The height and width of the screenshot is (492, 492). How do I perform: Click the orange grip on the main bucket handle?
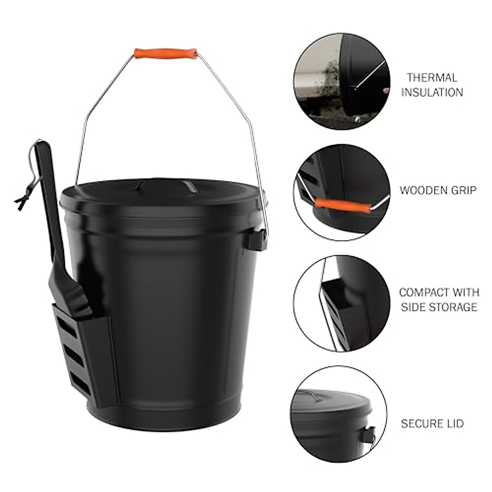pos(166,54)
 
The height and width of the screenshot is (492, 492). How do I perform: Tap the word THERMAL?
pos(432,77)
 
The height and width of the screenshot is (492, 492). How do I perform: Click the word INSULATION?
pos(432,92)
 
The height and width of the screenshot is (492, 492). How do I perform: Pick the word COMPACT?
pos(424,292)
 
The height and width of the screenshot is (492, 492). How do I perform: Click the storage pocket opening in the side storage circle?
pos(336,285)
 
